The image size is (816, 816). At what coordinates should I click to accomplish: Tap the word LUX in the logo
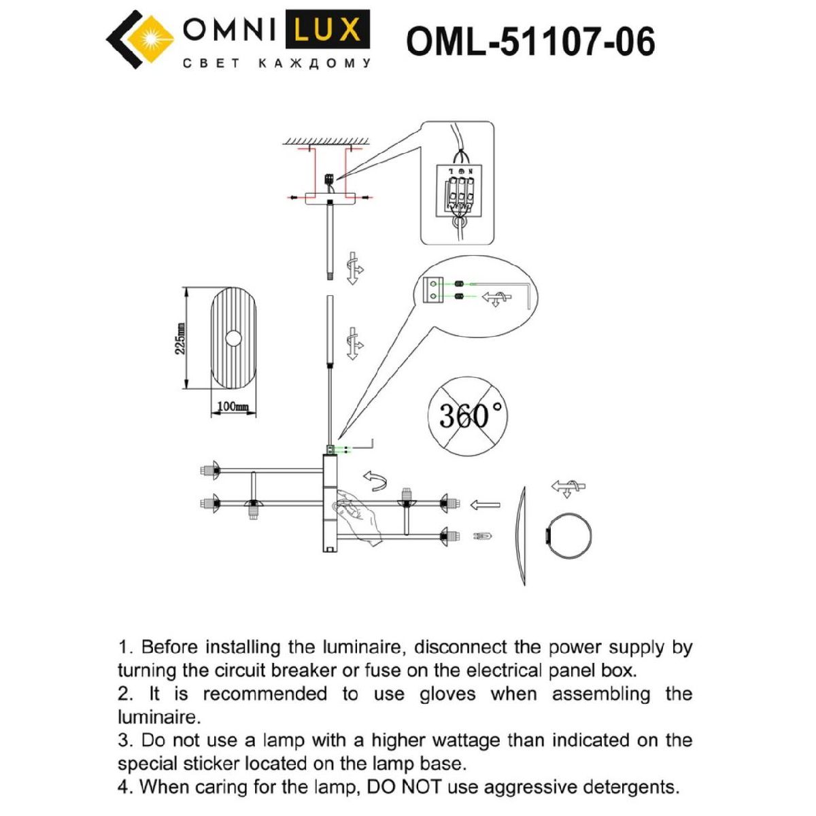tap(327, 31)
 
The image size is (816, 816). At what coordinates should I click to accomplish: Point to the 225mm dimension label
tap(180, 338)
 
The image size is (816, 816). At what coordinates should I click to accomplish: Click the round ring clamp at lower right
tap(570, 536)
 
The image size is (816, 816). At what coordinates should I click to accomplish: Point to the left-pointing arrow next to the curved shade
tap(485, 505)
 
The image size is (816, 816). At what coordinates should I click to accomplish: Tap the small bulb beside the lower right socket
tap(484, 537)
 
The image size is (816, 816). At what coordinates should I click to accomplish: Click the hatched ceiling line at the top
tap(326, 141)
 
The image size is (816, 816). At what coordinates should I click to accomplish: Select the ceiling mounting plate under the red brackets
tap(330, 198)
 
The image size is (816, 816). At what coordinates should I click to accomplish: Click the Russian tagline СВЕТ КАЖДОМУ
tap(277, 63)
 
